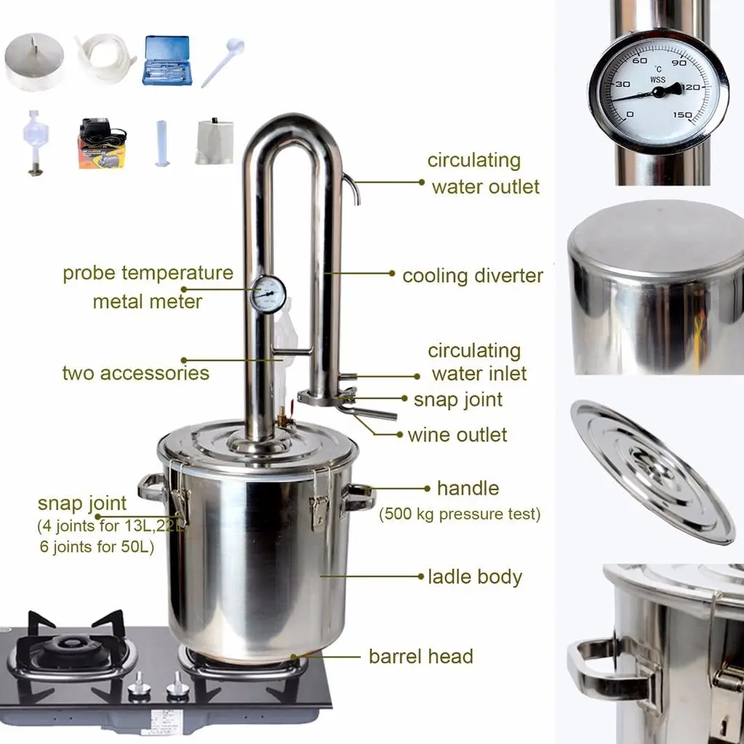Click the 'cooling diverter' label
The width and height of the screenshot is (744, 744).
click(473, 276)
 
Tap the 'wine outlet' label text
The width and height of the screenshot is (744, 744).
click(457, 435)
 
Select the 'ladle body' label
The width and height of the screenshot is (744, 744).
click(475, 577)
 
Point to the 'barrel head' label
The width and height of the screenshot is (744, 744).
click(421, 656)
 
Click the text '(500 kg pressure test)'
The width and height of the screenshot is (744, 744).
click(460, 514)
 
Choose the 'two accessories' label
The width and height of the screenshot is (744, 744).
click(136, 373)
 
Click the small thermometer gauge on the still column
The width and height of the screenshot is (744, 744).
click(268, 295)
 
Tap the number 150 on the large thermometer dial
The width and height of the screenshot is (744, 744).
click(682, 115)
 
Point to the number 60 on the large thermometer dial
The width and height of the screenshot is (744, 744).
click(639, 61)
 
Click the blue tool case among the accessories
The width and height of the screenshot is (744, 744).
click(167, 60)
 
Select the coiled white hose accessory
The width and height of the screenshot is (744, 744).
click(105, 59)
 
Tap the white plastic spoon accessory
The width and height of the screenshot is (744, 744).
click(223, 62)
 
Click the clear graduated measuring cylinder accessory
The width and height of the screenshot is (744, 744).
click(161, 143)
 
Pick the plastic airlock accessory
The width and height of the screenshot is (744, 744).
click(33, 143)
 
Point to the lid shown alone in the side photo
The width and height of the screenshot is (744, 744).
click(652, 472)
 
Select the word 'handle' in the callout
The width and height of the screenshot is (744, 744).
click(468, 488)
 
